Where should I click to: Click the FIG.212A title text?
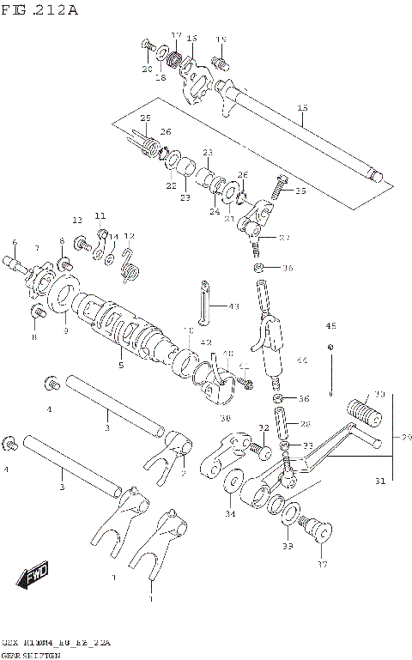(x=40, y=10)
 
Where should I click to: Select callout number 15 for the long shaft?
(x=302, y=107)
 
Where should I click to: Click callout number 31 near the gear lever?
(x=380, y=481)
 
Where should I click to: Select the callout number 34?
(x=230, y=515)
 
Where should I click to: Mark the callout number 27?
(x=285, y=238)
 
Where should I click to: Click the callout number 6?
(x=15, y=243)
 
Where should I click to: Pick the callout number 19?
(x=221, y=40)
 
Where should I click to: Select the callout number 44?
(x=302, y=360)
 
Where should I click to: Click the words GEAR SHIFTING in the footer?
(x=31, y=654)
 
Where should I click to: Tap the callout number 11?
(x=100, y=215)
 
